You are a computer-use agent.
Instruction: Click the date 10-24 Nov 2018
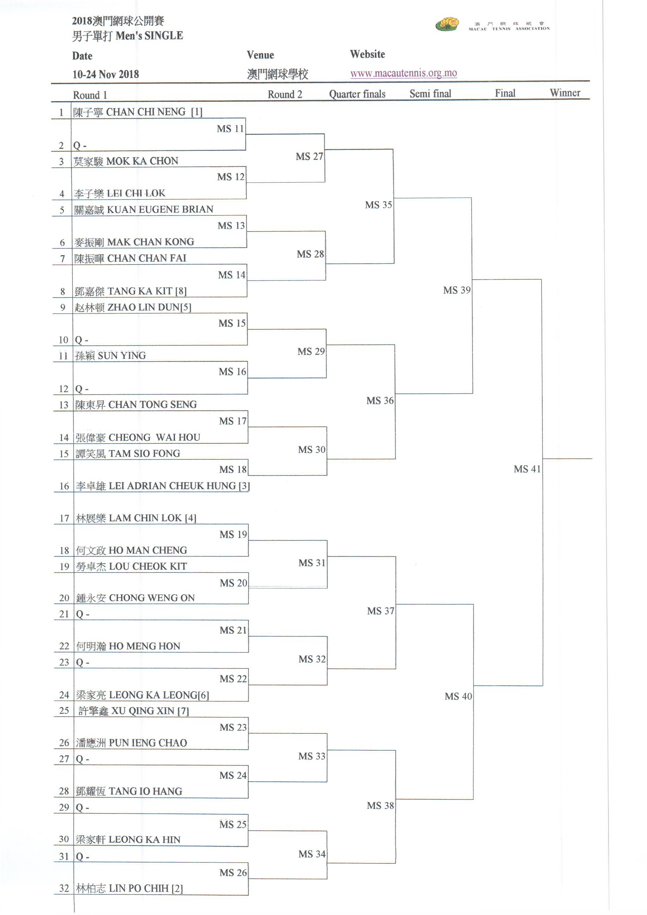coord(106,74)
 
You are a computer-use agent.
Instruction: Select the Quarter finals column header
coord(357,94)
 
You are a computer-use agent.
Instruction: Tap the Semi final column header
coord(430,94)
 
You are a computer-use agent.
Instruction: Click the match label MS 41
coord(527,469)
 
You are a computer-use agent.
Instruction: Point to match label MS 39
coord(456,290)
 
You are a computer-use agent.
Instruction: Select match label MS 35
coord(378,205)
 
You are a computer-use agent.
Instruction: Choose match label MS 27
coord(309,157)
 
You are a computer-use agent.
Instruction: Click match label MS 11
coord(230,129)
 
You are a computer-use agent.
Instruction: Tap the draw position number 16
coord(64,486)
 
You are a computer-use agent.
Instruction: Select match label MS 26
coord(233,873)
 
